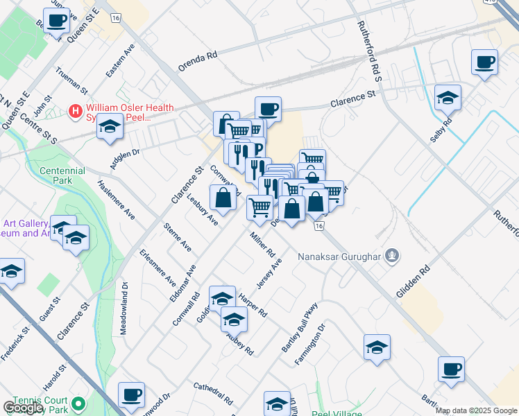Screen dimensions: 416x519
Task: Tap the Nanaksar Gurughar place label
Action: [340, 257]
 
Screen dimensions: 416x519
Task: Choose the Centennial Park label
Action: [62, 176]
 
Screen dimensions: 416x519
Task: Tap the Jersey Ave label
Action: [269, 275]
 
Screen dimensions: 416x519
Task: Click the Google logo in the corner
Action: [23, 408]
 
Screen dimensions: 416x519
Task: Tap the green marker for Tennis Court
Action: [78, 402]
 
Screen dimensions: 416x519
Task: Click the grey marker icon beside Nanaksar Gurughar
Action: [393, 257]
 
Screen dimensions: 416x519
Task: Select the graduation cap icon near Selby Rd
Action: [448, 98]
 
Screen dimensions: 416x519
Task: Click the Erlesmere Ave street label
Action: [158, 268]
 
